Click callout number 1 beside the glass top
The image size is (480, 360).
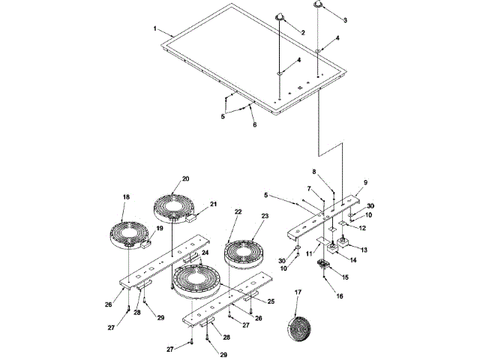(x=154, y=28)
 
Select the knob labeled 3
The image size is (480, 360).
(x=319, y=5)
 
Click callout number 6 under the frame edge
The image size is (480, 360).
(x=254, y=124)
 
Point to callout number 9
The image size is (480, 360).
(x=366, y=182)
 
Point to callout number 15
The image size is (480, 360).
(x=346, y=278)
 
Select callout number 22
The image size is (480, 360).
(x=237, y=212)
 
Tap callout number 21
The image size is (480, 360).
(x=213, y=204)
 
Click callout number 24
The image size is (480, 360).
(x=205, y=253)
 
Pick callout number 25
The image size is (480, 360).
(x=270, y=301)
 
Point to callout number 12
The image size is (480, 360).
(x=362, y=228)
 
